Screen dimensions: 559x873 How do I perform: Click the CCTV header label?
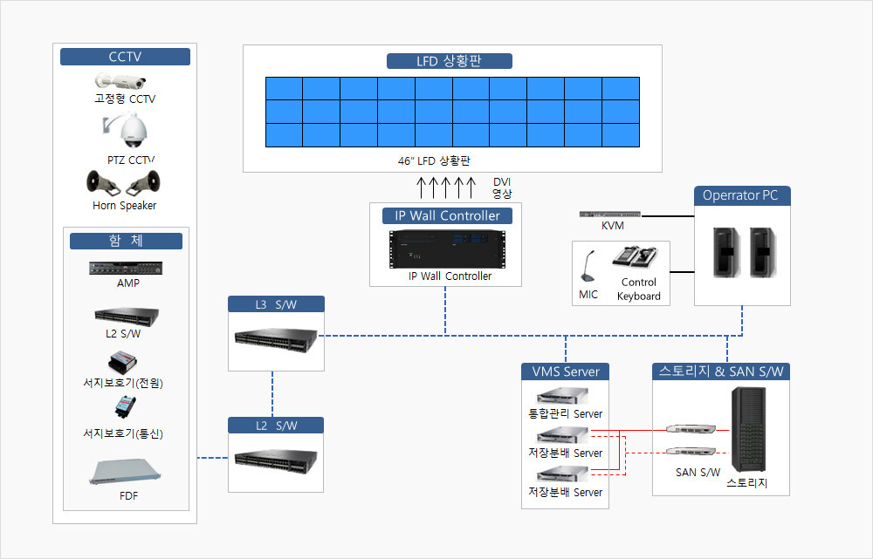125,58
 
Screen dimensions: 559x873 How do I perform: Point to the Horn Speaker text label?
125,206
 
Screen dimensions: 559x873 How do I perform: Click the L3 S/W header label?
276,304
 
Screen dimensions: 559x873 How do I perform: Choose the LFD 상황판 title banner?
449,61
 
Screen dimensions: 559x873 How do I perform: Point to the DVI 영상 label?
502,187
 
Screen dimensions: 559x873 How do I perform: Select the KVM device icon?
611,215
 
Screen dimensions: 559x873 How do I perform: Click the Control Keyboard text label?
639,290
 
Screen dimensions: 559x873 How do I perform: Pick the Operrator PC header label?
742,195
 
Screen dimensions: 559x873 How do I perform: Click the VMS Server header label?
565,372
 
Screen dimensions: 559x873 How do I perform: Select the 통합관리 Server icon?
563,397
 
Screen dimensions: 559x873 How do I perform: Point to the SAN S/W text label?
698,473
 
